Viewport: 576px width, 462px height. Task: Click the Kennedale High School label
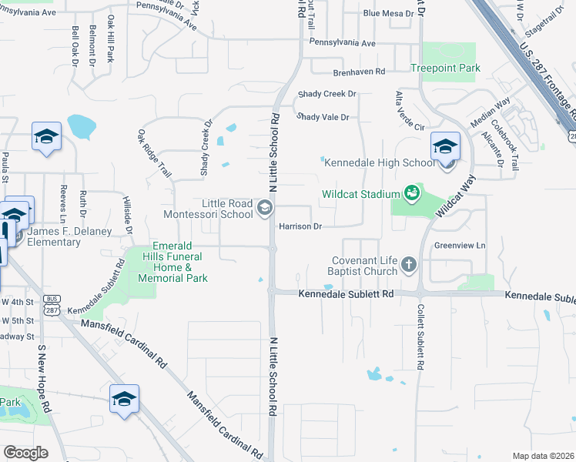click(x=380, y=162)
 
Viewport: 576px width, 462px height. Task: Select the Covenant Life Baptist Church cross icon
click(x=409, y=265)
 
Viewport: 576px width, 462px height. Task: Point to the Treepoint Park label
click(x=445, y=69)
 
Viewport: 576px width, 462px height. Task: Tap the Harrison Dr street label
click(x=300, y=226)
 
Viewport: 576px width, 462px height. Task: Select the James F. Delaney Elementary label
click(x=55, y=236)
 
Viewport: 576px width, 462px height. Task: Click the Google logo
click(x=25, y=452)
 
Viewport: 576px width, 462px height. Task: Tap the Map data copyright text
click(x=542, y=456)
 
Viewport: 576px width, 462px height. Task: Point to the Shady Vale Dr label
click(x=323, y=117)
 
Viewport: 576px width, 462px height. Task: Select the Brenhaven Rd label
click(x=358, y=72)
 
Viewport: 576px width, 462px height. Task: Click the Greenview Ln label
click(x=460, y=246)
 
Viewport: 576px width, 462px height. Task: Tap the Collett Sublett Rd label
click(x=420, y=334)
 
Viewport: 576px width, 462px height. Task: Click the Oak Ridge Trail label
click(x=154, y=152)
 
